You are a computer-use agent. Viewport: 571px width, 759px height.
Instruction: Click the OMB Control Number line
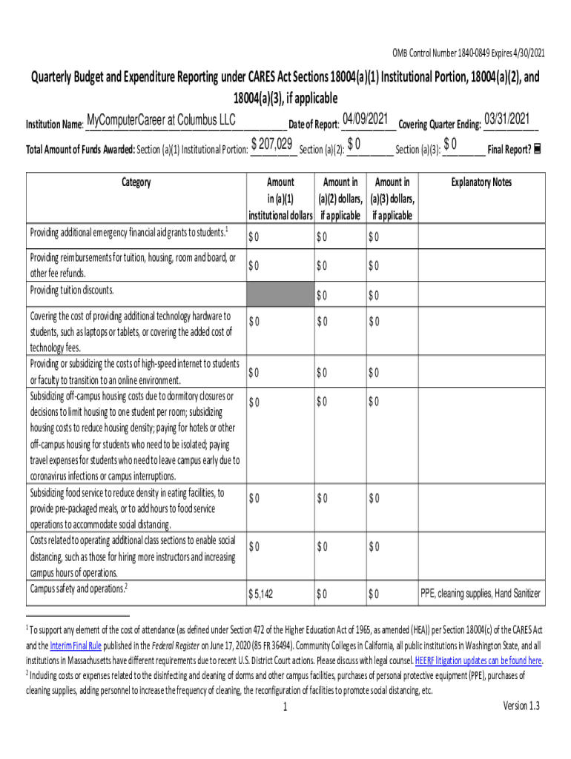coord(467,54)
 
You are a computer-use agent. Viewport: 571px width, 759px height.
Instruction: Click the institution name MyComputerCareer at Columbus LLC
coord(161,120)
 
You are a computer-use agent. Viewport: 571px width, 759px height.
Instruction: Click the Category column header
coord(135,182)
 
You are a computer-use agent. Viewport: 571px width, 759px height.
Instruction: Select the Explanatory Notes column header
coord(481,182)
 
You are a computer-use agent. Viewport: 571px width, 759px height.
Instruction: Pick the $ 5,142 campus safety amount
coord(261,594)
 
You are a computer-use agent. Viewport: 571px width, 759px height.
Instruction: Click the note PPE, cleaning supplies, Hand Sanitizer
coord(481,594)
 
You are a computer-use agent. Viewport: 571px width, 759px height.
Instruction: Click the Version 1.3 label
coord(521,706)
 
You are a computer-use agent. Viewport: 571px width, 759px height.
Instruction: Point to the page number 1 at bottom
coord(285,707)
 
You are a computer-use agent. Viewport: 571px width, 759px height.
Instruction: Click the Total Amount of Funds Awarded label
coord(80,149)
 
